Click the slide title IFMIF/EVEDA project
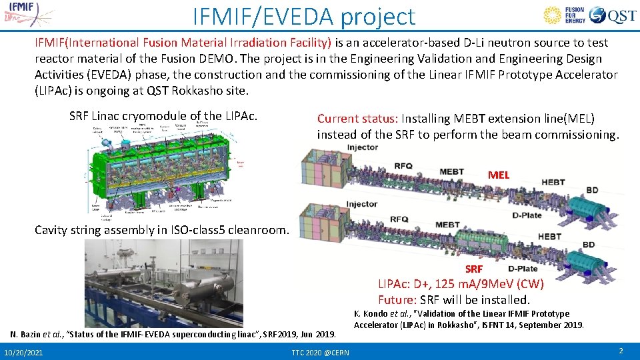[303, 16]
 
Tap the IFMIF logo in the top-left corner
[24, 13]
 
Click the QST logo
[613, 15]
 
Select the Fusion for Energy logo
[565, 15]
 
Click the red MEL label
[498, 175]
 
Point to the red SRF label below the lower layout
[474, 269]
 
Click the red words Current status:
[357, 119]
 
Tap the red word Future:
[397, 299]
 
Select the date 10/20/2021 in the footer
[23, 351]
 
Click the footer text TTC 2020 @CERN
[320, 351]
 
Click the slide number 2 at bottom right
[621, 351]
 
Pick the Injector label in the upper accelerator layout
[362, 147]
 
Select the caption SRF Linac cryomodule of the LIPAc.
[163, 116]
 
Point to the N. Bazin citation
[173, 333]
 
